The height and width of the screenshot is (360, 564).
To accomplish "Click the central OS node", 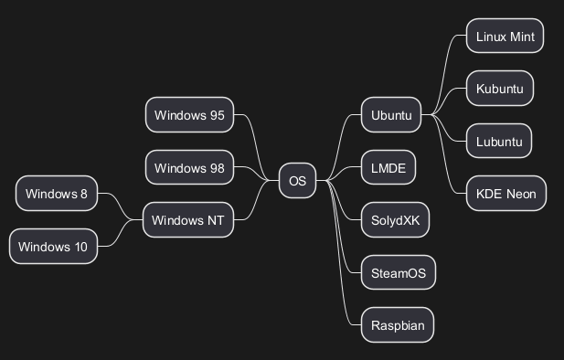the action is [297, 181].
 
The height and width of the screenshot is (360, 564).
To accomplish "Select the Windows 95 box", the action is [189, 115].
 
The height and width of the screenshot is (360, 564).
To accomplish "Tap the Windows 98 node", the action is [189, 167].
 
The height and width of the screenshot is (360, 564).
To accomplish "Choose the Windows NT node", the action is [188, 219].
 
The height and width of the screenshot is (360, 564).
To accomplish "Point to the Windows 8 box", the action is [57, 194].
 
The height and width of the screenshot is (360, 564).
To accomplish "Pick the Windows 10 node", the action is [53, 247].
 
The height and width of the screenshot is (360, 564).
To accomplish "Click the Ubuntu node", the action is [391, 115].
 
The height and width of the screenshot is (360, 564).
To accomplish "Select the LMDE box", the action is [388, 167].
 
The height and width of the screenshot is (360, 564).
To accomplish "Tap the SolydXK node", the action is [395, 219].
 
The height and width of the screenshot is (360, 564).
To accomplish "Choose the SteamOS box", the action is [399, 272].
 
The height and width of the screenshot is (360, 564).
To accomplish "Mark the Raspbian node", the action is [398, 325].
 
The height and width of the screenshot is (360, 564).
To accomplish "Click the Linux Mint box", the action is [505, 36].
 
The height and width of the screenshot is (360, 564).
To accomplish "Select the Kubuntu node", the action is [500, 89].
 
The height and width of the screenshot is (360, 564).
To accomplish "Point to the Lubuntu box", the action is [499, 141].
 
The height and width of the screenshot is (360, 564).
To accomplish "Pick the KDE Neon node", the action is [506, 194].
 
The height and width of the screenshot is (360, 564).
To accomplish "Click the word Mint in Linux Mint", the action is [522, 37].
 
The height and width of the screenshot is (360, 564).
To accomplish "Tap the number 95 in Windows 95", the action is [217, 115].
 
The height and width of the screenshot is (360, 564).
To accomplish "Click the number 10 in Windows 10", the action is [81, 247].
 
